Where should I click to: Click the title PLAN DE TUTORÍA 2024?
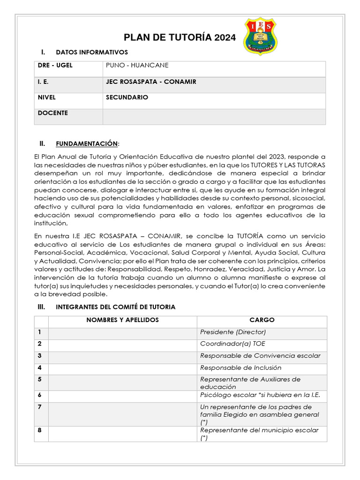[x=180, y=38]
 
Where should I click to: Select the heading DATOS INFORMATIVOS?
[x=92, y=52]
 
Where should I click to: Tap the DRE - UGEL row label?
[x=55, y=66]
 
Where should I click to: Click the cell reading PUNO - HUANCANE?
[x=137, y=66]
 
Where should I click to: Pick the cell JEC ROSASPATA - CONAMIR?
[x=151, y=82]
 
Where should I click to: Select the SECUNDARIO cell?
[x=127, y=97]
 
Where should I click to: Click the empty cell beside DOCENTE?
[x=214, y=116]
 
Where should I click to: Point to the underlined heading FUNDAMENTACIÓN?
[x=87, y=143]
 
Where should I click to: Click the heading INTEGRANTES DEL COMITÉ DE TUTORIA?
[x=115, y=307]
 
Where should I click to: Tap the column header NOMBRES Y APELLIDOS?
[x=122, y=320]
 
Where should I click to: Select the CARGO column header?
[x=262, y=320]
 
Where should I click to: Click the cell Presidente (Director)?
[x=233, y=332]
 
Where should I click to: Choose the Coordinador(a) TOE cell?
[x=226, y=344]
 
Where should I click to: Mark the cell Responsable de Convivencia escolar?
[x=260, y=356]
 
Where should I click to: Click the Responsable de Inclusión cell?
[x=240, y=368]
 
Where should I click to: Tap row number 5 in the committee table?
[x=40, y=379]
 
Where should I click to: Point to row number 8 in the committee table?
[x=40, y=430]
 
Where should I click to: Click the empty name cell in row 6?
[x=122, y=395]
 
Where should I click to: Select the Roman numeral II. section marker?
[x=42, y=143]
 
